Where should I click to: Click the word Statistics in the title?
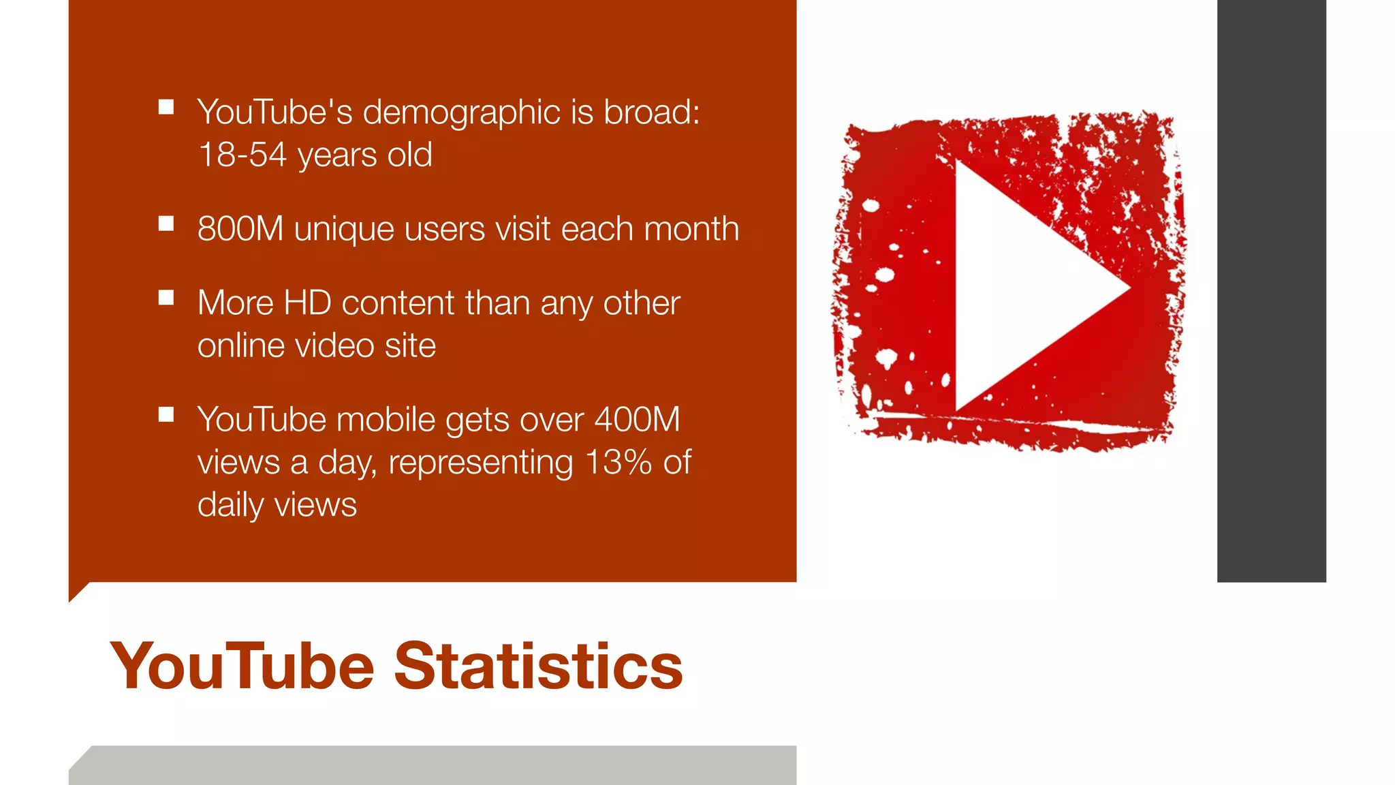[x=538, y=666]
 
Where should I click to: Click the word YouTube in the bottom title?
[x=242, y=666]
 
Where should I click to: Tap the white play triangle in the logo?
[x=1022, y=286]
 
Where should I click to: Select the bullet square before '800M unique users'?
[x=166, y=224]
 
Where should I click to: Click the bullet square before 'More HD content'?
[x=166, y=298]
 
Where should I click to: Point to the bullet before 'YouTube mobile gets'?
[x=166, y=414]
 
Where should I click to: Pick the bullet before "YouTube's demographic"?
[x=166, y=107]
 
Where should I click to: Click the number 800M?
[x=240, y=229]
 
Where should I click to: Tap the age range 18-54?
[x=242, y=155]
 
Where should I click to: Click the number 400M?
[x=637, y=420]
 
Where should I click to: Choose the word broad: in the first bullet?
[x=651, y=112]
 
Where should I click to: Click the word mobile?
[x=386, y=420]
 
